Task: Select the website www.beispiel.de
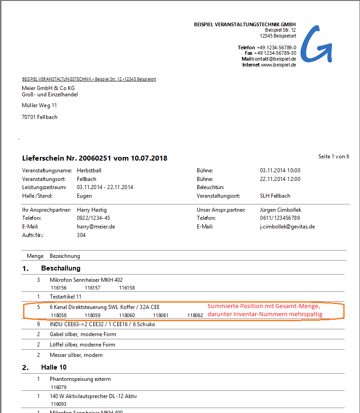(x=279, y=65)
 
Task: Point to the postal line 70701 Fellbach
(x=40, y=117)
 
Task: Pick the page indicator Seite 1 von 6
(x=333, y=157)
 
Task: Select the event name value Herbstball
(x=89, y=171)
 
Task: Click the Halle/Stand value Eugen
(x=85, y=196)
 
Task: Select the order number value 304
(x=81, y=235)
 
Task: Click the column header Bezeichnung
(x=65, y=256)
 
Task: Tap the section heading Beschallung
(x=61, y=268)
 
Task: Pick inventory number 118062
(x=195, y=315)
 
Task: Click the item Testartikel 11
(x=66, y=297)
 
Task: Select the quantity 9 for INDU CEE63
(x=38, y=324)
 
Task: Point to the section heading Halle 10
(x=54, y=367)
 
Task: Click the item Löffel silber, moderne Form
(x=82, y=345)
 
